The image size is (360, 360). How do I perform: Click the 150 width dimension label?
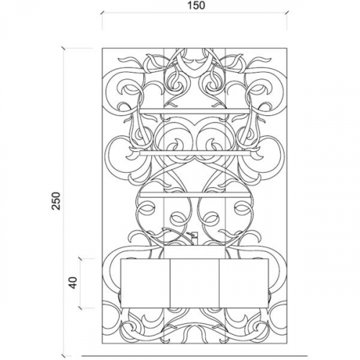196,5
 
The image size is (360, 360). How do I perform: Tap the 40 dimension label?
73,283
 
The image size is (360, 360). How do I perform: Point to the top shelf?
194,112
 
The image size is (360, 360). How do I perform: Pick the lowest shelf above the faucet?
196,194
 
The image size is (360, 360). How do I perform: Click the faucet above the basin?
193,238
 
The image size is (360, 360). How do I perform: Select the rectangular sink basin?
195,252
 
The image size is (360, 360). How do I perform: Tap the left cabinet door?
145,283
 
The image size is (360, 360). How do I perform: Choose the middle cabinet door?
194,283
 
